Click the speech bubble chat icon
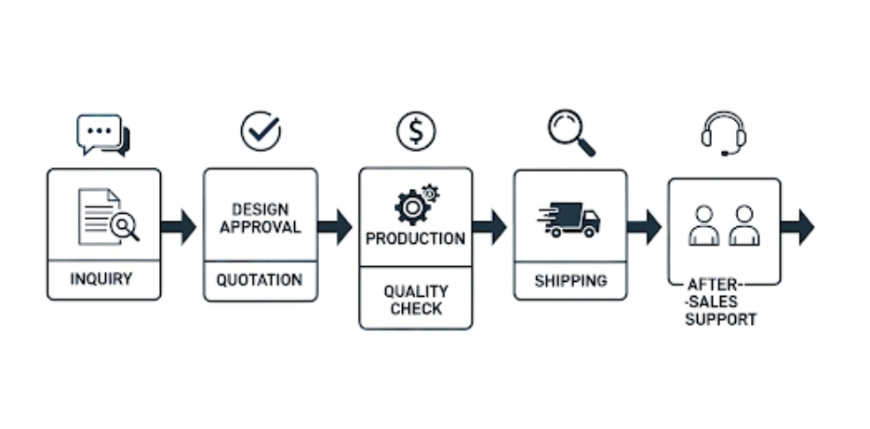103,135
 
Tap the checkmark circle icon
261,131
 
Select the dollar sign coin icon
416,131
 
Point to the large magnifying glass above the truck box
571,133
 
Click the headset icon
724,134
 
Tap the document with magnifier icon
109,217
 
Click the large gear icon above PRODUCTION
411,208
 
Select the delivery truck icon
569,220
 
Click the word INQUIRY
101,278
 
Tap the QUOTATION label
260,280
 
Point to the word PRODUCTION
416,238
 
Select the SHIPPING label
570,281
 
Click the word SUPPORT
721,320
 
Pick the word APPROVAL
261,227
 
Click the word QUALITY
416,291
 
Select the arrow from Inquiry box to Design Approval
178,227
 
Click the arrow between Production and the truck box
489,227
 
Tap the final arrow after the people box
797,227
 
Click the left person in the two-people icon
704,225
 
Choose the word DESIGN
261,209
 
